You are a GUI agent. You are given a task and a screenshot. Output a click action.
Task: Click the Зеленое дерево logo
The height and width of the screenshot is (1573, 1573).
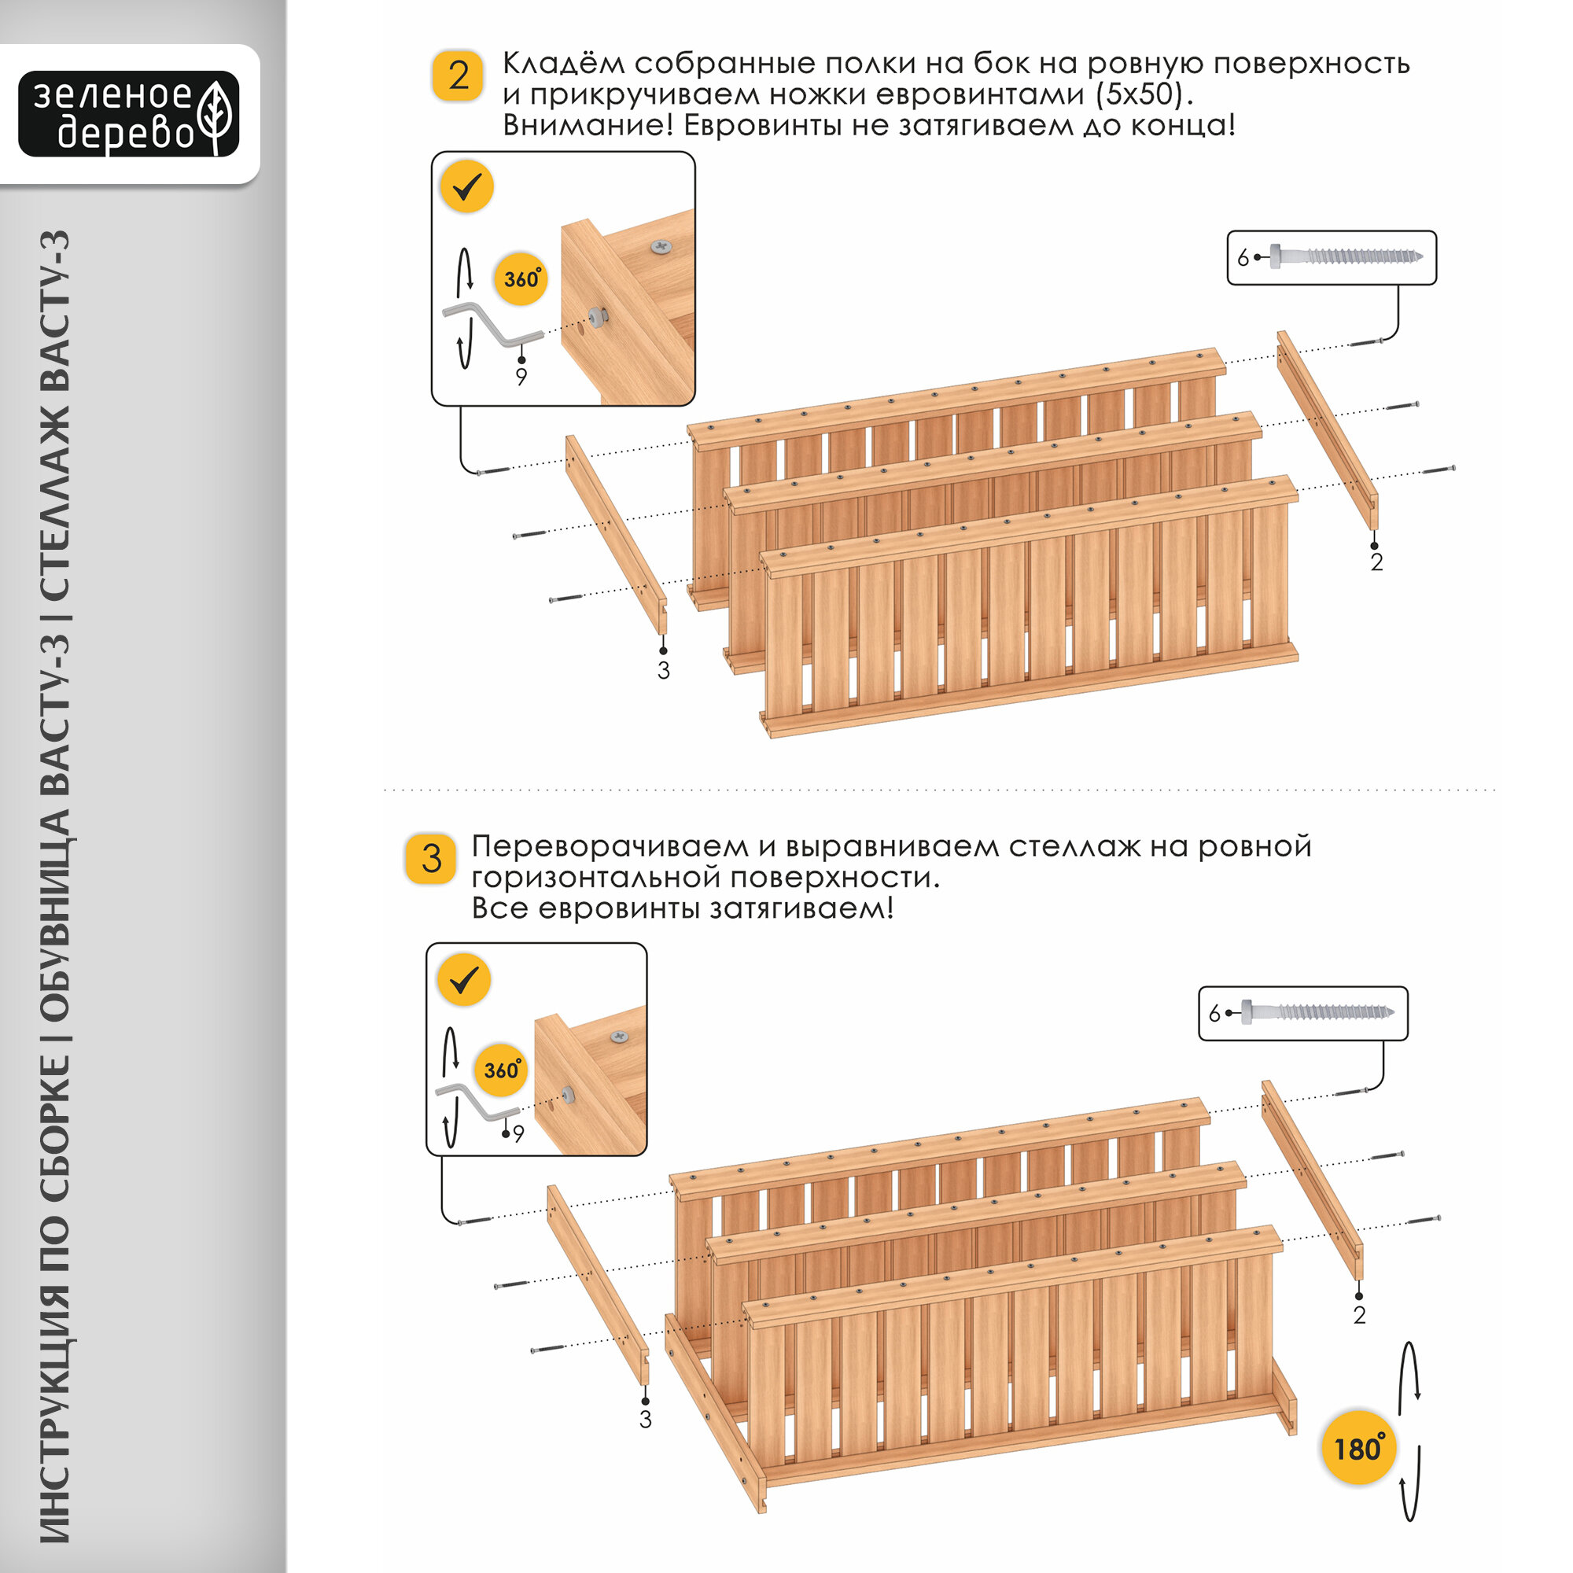[129, 114]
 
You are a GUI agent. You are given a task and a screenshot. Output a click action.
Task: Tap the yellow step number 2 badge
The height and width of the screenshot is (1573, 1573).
[459, 76]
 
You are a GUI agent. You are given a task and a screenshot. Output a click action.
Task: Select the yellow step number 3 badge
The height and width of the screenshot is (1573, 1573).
[432, 859]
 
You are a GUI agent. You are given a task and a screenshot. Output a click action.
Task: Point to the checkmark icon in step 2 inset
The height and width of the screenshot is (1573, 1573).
[467, 187]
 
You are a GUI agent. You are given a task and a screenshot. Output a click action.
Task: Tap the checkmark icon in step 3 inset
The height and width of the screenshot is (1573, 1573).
[463, 979]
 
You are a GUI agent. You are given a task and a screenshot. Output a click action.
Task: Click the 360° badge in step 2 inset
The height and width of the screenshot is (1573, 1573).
[520, 279]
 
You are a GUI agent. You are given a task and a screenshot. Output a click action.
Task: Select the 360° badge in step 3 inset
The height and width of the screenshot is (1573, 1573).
[501, 1070]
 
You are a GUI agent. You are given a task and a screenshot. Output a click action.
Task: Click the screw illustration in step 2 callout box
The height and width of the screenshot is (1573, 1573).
[1346, 256]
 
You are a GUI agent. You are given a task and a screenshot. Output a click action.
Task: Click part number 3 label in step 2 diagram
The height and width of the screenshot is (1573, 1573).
[664, 671]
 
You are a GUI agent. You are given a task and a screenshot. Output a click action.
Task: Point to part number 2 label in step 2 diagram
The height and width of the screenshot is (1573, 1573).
[1376, 562]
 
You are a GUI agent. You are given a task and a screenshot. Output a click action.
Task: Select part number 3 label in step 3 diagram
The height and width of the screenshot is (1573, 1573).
[646, 1419]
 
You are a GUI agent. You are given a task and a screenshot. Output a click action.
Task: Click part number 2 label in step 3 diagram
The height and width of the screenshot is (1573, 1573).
[1359, 1314]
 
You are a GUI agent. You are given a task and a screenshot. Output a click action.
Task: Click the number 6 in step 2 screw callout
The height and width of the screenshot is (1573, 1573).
[1243, 258]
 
